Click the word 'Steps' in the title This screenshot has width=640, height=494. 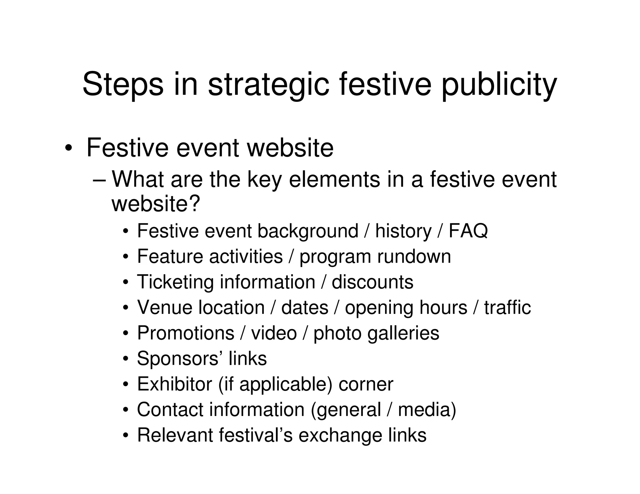pos(123,84)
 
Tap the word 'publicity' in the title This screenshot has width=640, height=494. pos(499,84)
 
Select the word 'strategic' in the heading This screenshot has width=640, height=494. pos(268,84)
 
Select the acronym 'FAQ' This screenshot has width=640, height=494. pos(468,231)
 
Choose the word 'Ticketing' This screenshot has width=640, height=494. pos(175,282)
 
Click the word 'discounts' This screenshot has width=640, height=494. pos(372,282)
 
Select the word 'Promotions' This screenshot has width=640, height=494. pos(186,333)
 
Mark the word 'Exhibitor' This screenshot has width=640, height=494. pos(174,384)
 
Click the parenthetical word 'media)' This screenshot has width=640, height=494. pos(427,409)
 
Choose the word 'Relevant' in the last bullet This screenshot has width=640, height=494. pos(175,435)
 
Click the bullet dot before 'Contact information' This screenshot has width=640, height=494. pos(126,410)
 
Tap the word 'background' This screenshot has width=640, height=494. pos(307,231)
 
